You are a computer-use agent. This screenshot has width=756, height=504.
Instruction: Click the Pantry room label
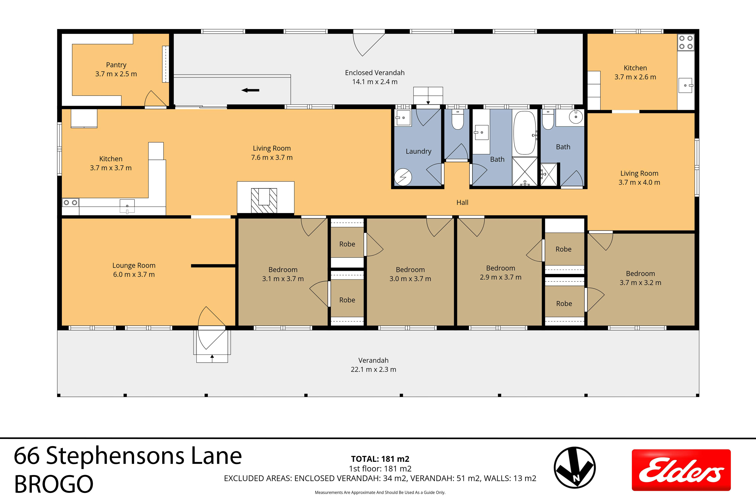tap(116, 69)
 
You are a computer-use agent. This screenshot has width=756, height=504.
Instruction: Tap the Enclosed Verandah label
tap(375, 77)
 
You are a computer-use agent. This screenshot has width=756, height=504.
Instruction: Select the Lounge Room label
tap(134, 270)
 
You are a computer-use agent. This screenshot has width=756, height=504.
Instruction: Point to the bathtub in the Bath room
tap(525, 133)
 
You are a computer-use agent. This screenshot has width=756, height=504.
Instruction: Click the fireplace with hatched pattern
tap(264, 200)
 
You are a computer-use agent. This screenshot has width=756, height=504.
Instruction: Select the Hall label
tap(462, 203)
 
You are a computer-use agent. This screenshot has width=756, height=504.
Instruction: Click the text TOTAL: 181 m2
tap(380, 459)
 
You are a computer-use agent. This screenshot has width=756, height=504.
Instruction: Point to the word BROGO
tap(54, 484)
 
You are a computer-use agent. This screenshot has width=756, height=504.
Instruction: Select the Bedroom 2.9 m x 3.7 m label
tap(501, 273)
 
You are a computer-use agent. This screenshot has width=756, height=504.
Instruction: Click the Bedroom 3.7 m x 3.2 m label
tap(640, 278)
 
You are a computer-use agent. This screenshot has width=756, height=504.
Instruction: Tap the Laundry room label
tap(418, 151)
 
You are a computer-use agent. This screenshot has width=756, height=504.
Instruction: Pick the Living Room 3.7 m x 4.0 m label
tap(639, 178)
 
